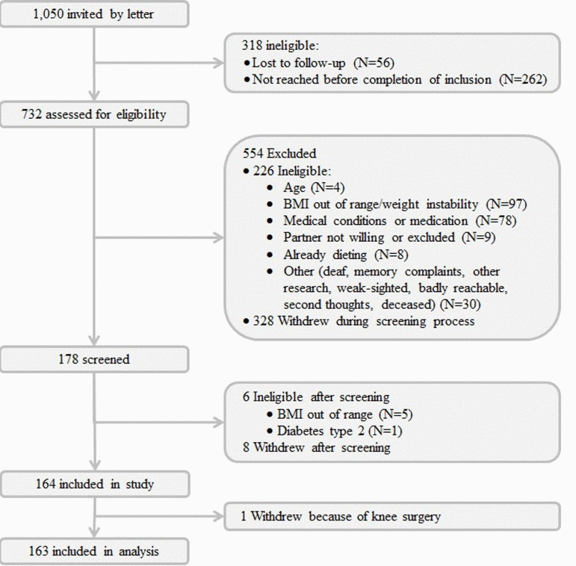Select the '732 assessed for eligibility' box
point(94,114)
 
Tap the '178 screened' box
point(94,359)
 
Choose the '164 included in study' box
point(94,484)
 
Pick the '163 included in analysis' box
point(94,552)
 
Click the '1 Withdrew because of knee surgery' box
point(391,516)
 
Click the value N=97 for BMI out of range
point(512,204)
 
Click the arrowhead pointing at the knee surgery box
point(218,516)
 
